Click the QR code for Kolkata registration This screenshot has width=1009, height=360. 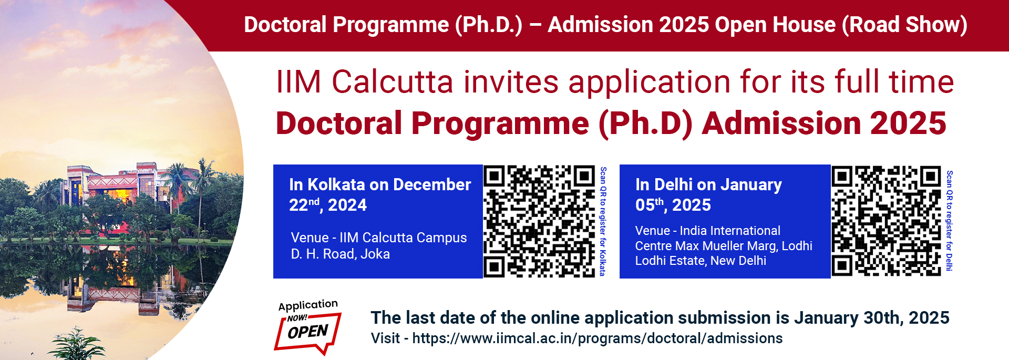pyautogui.click(x=539, y=221)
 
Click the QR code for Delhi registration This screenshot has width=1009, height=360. pyautogui.click(x=886, y=221)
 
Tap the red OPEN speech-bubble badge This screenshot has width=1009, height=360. pyautogui.click(x=308, y=332)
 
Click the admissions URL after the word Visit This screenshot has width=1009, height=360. pyautogui.click(x=598, y=338)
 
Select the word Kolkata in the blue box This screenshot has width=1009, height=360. pyautogui.click(x=336, y=185)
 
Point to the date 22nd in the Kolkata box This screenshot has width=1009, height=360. pyautogui.click(x=304, y=205)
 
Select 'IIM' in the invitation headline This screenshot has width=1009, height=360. pyautogui.click(x=298, y=83)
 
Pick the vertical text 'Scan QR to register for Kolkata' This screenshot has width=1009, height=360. pyautogui.click(x=603, y=221)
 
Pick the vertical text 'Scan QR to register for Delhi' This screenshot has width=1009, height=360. pyautogui.click(x=950, y=221)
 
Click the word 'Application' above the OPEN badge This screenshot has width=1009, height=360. pyautogui.click(x=308, y=305)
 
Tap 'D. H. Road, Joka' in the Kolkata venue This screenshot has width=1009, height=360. pyautogui.click(x=341, y=254)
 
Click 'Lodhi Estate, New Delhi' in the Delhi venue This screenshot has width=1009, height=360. pyautogui.click(x=701, y=261)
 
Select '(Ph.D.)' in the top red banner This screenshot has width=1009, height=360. pyautogui.click(x=489, y=25)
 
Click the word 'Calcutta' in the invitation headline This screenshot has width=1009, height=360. pyautogui.click(x=393, y=83)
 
